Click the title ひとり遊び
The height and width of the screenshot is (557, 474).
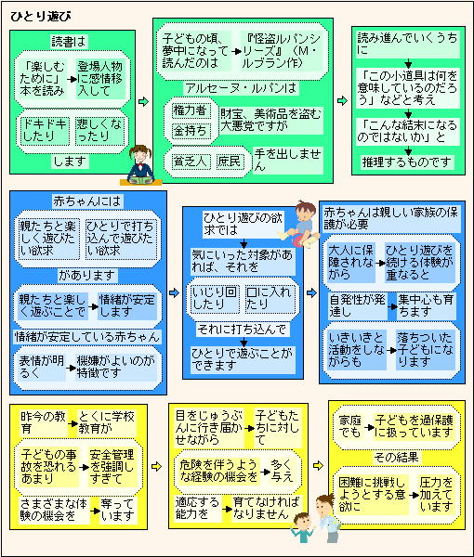pyautogui.click(x=41, y=17)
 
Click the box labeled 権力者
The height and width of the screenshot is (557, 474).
pyautogui.click(x=190, y=110)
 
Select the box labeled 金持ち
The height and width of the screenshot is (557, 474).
pyautogui.click(x=190, y=131)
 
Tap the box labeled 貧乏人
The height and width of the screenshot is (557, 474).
pyautogui.click(x=190, y=162)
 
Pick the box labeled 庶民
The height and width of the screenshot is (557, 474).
pyautogui.click(x=230, y=162)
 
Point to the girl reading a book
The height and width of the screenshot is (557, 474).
pyautogui.click(x=140, y=165)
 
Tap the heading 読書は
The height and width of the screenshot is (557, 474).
pyautogui.click(x=69, y=41)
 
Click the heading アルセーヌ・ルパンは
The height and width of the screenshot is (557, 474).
pyautogui.click(x=241, y=88)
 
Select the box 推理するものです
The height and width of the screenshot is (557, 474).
pyautogui.click(x=407, y=162)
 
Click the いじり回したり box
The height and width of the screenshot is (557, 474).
pyautogui.click(x=215, y=299)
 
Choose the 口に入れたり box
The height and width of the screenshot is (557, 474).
pyautogui.click(x=270, y=299)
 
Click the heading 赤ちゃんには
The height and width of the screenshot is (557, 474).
pyautogui.click(x=87, y=201)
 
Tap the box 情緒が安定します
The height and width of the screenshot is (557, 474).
pyautogui.click(x=127, y=305)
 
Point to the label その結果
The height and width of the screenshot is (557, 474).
pyautogui.click(x=397, y=457)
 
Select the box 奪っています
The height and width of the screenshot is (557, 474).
pyautogui.click(x=117, y=510)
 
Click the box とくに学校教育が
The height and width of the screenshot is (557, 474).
pyautogui.click(x=107, y=422)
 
